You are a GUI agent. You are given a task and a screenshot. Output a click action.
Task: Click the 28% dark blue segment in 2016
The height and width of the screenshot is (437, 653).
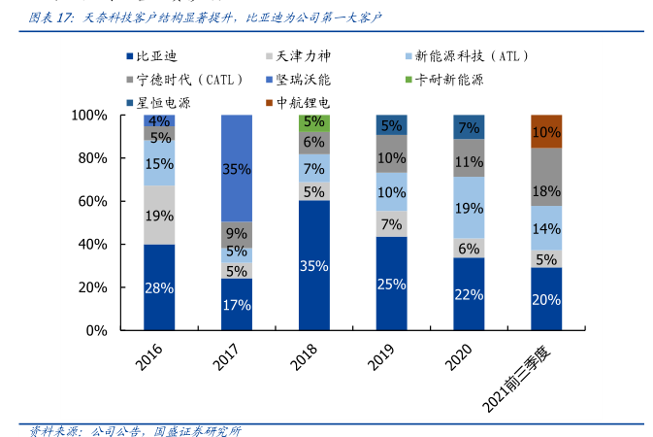159,287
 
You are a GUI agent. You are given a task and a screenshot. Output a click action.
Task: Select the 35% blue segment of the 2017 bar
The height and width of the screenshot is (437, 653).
237,169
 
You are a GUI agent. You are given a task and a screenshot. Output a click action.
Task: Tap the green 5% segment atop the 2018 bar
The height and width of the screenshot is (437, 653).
313,122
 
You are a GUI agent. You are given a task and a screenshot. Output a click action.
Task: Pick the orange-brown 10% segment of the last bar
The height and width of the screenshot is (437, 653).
546,131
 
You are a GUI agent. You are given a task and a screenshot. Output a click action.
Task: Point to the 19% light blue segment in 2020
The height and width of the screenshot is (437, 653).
469,208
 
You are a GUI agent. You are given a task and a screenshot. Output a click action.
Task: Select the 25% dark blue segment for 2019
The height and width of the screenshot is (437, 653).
391,284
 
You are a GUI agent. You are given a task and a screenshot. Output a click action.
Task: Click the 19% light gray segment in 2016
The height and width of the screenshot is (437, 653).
159,215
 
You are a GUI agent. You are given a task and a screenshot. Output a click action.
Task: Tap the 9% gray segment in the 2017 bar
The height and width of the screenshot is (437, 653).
237,233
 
